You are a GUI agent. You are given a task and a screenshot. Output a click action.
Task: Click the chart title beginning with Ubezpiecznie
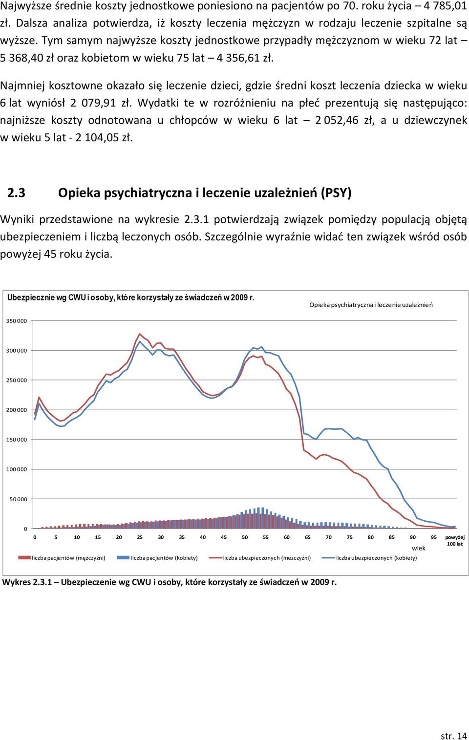click(x=131, y=297)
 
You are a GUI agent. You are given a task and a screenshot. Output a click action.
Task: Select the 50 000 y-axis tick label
click(x=18, y=499)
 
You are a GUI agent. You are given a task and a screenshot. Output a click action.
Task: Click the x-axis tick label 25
click(x=140, y=537)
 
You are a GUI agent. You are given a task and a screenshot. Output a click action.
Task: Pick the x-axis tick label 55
click(x=266, y=537)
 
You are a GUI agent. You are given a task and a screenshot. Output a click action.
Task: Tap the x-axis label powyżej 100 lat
click(x=455, y=540)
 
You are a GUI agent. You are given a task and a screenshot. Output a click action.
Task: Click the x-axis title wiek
click(x=418, y=548)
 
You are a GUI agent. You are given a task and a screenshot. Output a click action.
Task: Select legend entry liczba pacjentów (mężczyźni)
click(x=62, y=558)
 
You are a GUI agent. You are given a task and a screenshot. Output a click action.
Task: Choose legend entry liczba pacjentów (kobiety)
click(x=157, y=558)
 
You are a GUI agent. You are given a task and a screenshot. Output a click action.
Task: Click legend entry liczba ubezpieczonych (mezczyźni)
click(x=260, y=558)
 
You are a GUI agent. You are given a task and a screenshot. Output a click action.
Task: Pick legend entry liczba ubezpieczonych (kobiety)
click(x=369, y=558)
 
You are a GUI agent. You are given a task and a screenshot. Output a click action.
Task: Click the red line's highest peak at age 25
click(x=140, y=334)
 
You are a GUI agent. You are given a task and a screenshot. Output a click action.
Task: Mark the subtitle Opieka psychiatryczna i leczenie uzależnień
click(x=371, y=305)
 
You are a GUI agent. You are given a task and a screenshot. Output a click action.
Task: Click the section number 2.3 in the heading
click(x=16, y=193)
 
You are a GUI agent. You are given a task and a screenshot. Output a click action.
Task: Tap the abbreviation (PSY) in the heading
click(x=336, y=193)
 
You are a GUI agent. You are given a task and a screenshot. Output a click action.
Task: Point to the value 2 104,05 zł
click(x=104, y=137)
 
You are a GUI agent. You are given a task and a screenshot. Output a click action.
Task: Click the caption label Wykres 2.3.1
click(x=27, y=582)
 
